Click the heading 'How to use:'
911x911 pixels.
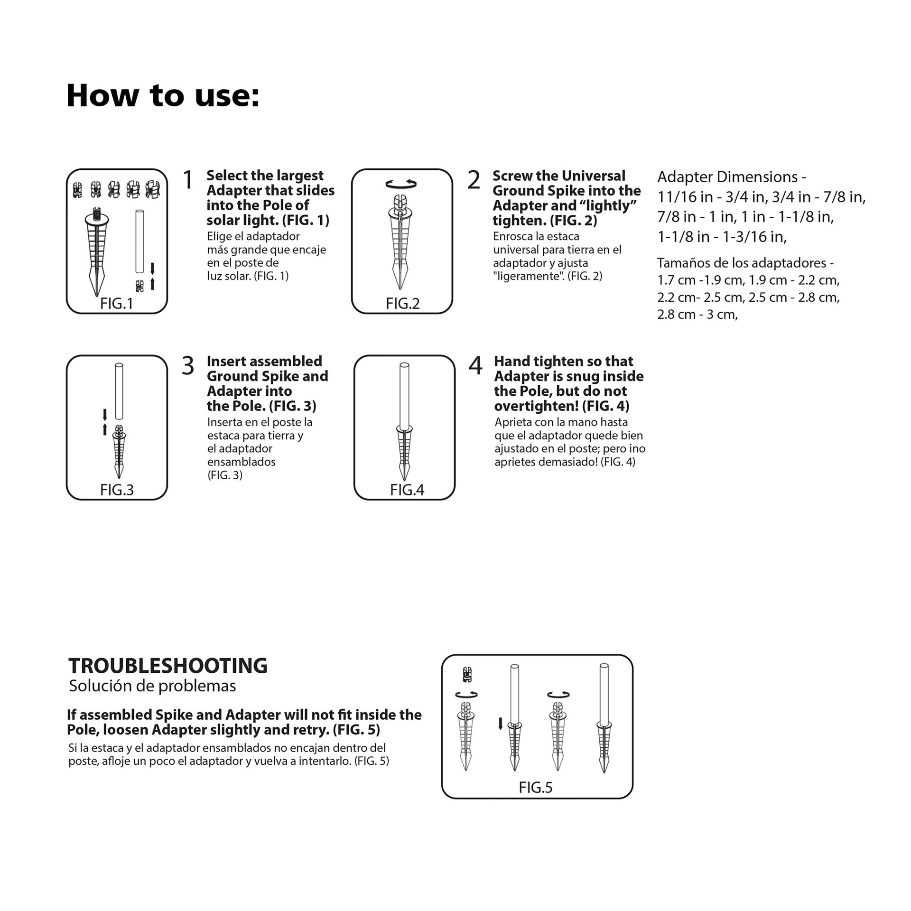point(163,96)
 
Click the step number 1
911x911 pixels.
point(188,180)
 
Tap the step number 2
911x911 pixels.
point(474,180)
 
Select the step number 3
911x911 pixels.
point(188,366)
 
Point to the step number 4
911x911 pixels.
point(475,366)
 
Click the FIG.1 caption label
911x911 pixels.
point(117,304)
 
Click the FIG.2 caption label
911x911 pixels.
point(402,304)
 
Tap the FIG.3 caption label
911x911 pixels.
point(117,490)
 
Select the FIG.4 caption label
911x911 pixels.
point(407,490)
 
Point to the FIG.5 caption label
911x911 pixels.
point(536,788)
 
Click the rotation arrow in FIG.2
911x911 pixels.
point(401,184)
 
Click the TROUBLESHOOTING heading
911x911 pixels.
point(168,666)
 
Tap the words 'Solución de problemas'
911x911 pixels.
point(152,686)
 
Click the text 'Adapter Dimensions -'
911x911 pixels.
point(731,177)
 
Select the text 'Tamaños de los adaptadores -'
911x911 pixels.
point(745,263)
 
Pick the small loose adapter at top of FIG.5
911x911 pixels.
point(467,674)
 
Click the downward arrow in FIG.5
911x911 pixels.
point(500,724)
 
